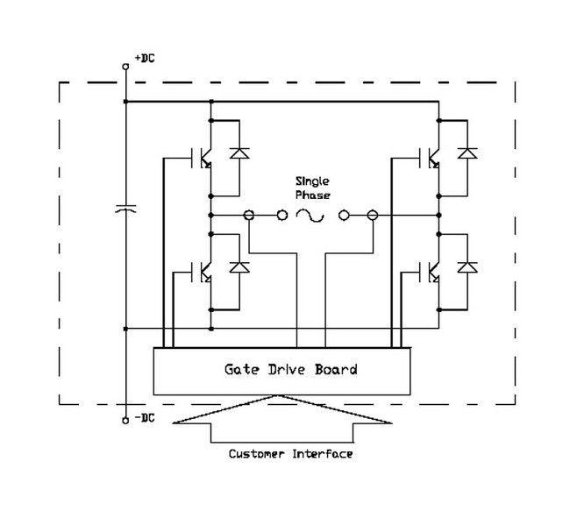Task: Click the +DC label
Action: click(x=145, y=59)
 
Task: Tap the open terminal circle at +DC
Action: click(x=126, y=66)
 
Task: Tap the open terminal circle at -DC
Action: click(x=126, y=420)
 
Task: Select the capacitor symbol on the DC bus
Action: click(x=126, y=209)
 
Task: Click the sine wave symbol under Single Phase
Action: click(x=311, y=215)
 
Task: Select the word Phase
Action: click(x=310, y=196)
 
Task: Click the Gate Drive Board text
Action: click(x=286, y=369)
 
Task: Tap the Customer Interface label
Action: click(x=290, y=454)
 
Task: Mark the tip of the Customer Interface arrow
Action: click(x=281, y=397)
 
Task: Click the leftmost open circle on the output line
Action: click(x=249, y=215)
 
